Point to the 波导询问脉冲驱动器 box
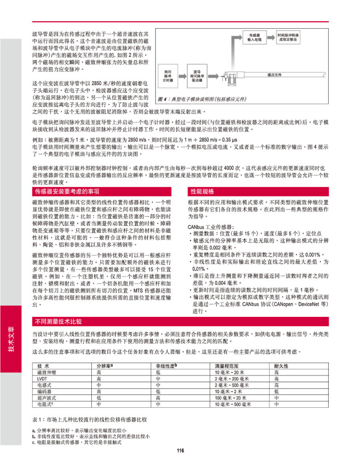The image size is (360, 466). click(197, 76)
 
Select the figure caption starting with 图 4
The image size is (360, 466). click(202, 99)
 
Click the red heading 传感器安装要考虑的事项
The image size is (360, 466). click(67, 191)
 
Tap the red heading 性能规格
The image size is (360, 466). click(202, 191)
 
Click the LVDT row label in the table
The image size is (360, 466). click(42, 378)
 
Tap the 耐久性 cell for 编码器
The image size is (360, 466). click(276, 391)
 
